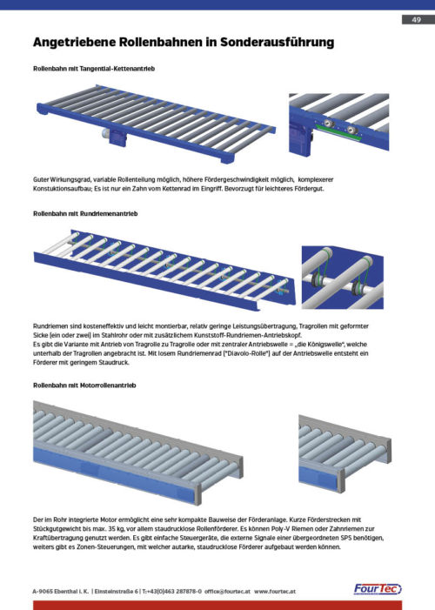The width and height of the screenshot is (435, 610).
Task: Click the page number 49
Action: click(x=417, y=19)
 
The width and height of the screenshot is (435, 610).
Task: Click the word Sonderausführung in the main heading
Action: click(x=277, y=43)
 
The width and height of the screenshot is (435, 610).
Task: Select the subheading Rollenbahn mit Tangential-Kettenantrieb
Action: click(x=94, y=69)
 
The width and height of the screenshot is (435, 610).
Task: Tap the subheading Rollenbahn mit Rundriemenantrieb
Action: click(x=85, y=213)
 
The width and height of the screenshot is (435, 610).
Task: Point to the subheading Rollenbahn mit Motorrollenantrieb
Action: click(x=84, y=385)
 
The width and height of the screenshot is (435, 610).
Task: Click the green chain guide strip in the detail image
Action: click(x=338, y=132)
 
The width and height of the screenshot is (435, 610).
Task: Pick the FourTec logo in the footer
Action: click(x=378, y=589)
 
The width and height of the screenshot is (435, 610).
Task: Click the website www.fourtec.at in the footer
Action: click(x=275, y=592)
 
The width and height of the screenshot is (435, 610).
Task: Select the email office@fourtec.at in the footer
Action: click(x=227, y=592)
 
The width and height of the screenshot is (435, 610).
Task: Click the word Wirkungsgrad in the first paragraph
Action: click(x=66, y=180)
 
